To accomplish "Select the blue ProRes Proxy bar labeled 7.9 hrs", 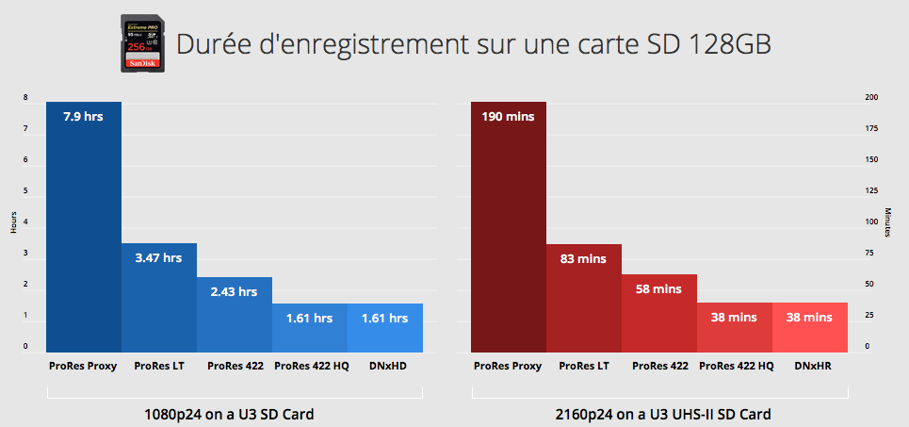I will coord(84,226).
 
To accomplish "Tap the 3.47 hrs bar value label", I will coord(159,257).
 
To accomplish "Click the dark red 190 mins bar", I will coord(508,226).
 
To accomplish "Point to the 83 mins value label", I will coord(583,258).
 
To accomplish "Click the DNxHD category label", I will coord(385,366).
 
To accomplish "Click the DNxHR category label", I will coord(810,366).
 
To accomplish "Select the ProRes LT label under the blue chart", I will coord(159,366).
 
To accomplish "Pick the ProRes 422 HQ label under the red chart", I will coord(735,366).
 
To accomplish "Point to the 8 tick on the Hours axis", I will coord(25,97).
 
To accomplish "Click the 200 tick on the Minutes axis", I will coord(871,97).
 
